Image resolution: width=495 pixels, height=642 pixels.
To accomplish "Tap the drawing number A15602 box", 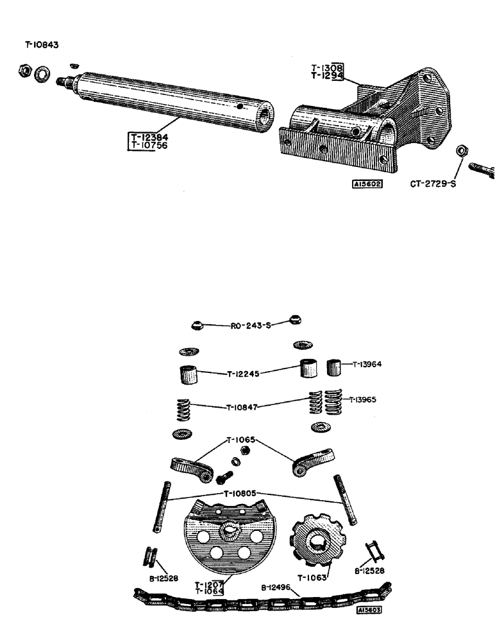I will coord(367,184).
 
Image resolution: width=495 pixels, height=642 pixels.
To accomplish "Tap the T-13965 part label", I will coord(366,399).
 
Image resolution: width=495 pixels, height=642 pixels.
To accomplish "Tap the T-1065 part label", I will coord(241,440).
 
